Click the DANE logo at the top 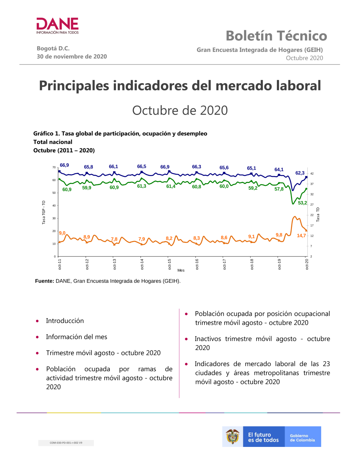58,26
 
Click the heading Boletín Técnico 276,36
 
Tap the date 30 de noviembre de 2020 72,57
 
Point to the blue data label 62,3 300,173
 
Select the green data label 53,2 302,203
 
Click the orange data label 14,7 301,236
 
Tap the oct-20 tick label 307,264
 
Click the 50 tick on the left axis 54,193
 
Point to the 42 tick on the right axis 312,174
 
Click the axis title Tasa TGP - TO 44,212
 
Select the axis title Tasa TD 318,214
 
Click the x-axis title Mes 181,270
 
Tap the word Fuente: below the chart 45,281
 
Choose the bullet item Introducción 65,321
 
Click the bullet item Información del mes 76,337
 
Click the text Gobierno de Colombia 302,438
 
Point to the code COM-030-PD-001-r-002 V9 66,443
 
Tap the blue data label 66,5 141,166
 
